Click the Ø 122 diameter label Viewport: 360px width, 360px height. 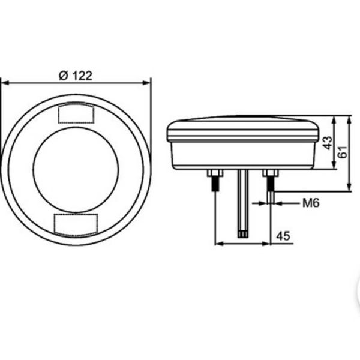(x=76, y=76)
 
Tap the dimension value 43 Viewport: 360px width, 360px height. (x=327, y=143)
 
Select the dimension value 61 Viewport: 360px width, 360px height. (x=343, y=153)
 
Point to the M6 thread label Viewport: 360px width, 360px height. (x=311, y=203)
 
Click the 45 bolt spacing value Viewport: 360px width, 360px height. (x=284, y=236)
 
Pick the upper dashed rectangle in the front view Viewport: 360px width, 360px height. (x=76, y=113)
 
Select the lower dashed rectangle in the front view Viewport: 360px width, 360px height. (x=76, y=223)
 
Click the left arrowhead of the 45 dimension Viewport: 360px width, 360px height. (x=218, y=244)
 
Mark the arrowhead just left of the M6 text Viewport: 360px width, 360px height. (x=279, y=203)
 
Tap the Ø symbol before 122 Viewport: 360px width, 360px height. (x=62, y=76)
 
